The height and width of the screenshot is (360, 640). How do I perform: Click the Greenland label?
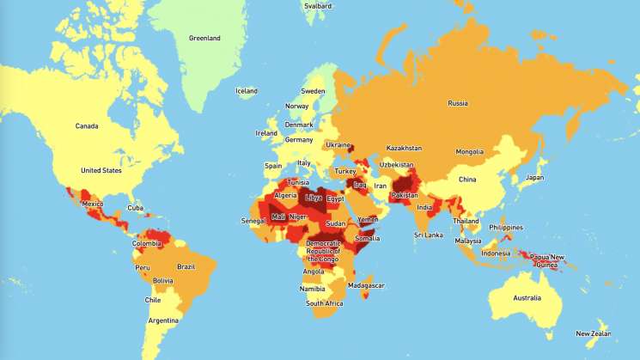pyautogui.click(x=205, y=38)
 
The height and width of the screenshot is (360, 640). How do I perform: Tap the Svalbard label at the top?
pyautogui.click(x=318, y=5)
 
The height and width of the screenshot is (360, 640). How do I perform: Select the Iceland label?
pyautogui.click(x=247, y=91)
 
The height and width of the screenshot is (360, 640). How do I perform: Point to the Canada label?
pyautogui.click(x=87, y=126)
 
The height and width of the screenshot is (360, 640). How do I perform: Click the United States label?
pyautogui.click(x=101, y=170)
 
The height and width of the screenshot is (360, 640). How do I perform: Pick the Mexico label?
pyautogui.click(x=93, y=204)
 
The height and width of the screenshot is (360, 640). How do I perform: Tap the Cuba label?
pyautogui.click(x=135, y=207)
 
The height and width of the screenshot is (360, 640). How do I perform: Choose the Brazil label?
pyautogui.click(x=186, y=266)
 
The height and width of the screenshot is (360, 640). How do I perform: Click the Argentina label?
pyautogui.click(x=162, y=320)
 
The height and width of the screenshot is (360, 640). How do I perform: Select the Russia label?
pyautogui.click(x=458, y=103)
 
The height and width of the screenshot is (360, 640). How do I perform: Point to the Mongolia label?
pyautogui.click(x=469, y=152)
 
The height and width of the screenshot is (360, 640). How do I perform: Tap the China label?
pyautogui.click(x=466, y=180)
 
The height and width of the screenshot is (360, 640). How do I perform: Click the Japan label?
pyautogui.click(x=534, y=178)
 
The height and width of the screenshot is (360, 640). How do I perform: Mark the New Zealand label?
pyautogui.click(x=594, y=333)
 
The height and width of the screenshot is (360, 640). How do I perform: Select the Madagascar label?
pyautogui.click(x=367, y=285)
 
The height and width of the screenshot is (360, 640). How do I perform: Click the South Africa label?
pyautogui.click(x=326, y=303)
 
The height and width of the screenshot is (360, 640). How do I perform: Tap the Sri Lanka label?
pyautogui.click(x=428, y=234)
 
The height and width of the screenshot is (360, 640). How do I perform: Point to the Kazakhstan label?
pyautogui.click(x=404, y=148)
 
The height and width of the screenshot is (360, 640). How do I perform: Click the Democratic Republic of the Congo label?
pyautogui.click(x=324, y=250)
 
